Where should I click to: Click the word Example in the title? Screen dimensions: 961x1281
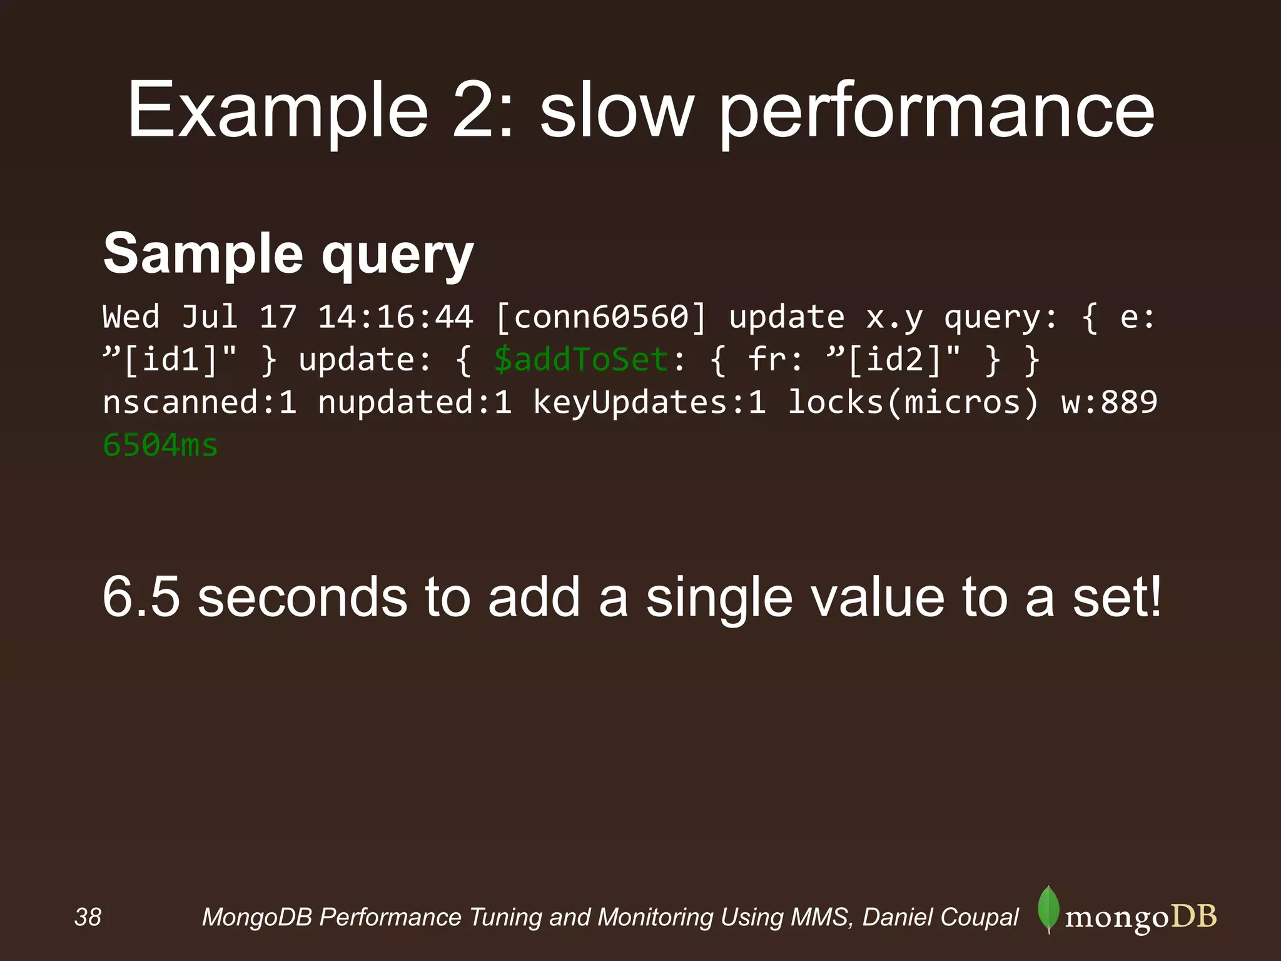(x=278, y=111)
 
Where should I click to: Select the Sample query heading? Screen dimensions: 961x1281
(x=288, y=253)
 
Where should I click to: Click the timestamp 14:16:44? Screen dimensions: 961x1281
(x=395, y=317)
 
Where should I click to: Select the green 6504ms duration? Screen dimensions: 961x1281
(x=160, y=445)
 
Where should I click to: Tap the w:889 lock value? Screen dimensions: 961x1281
(x=1109, y=402)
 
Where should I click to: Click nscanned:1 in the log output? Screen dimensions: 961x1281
(x=200, y=402)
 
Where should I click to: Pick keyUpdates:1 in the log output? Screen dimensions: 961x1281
(x=649, y=402)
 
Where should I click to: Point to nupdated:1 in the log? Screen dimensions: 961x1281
(x=415, y=402)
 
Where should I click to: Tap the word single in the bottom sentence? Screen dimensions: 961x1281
(x=719, y=597)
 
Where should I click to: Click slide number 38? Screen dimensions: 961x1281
(x=88, y=917)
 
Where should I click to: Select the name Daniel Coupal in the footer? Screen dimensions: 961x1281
(x=940, y=917)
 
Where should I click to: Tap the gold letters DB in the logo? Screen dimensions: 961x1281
(x=1193, y=917)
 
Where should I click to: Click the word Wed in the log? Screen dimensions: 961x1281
(x=131, y=317)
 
